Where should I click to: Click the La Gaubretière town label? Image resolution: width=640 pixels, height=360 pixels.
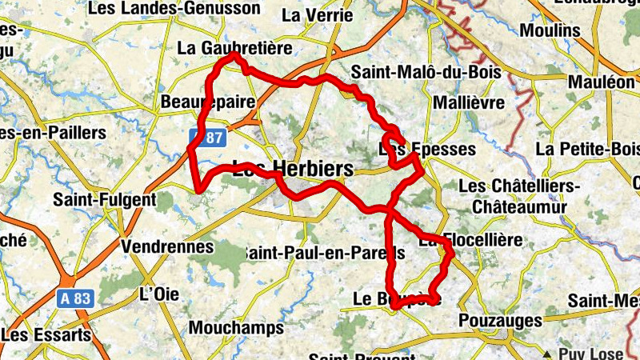[235, 48]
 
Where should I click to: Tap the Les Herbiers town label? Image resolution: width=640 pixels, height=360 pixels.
[292, 169]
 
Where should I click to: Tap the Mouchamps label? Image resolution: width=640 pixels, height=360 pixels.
[236, 328]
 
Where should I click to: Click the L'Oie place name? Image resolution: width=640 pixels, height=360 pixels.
[158, 294]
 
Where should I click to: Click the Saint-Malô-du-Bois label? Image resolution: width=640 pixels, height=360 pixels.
[431, 72]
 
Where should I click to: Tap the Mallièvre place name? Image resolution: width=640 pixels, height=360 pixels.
[468, 103]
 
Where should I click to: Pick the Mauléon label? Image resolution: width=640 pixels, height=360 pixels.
[601, 82]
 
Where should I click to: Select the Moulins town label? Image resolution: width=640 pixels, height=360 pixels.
[550, 30]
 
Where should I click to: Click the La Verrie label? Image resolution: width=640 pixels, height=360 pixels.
[307, 14]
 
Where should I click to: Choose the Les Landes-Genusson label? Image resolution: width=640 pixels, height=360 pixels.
[175, 9]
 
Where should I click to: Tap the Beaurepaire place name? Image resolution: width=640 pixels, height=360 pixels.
[208, 102]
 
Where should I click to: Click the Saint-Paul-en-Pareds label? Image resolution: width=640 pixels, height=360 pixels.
[324, 252]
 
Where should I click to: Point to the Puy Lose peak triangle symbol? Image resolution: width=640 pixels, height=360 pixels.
[547, 354]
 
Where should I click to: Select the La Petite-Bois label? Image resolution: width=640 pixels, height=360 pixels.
[588, 149]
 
